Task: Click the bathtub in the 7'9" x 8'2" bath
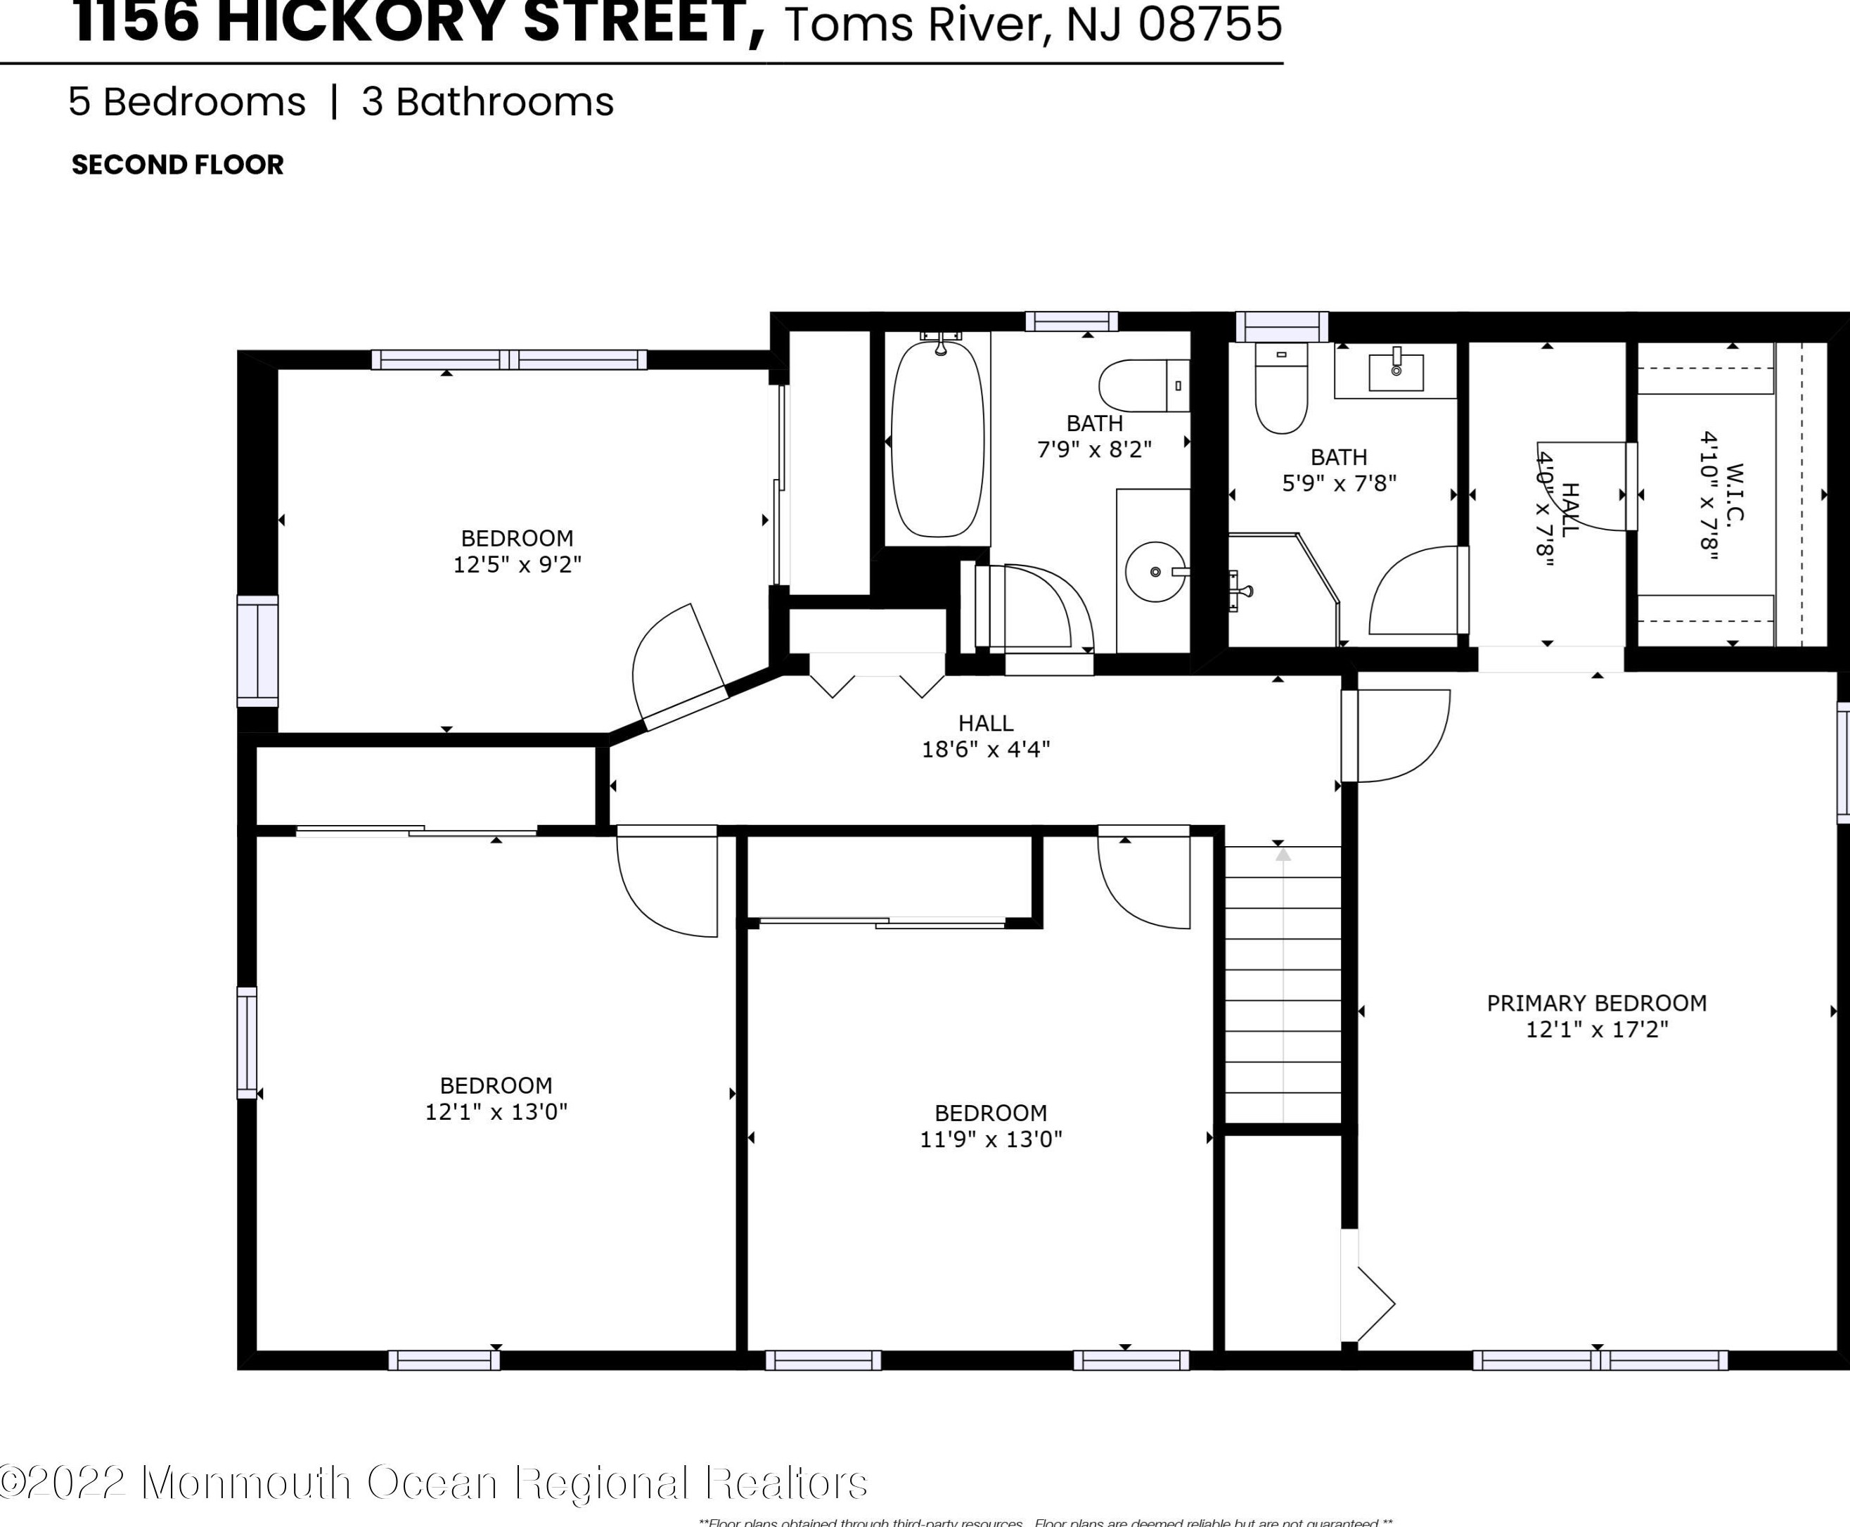pyautogui.click(x=937, y=439)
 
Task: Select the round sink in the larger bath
pyautogui.click(x=1155, y=572)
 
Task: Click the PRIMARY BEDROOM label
pyautogui.click(x=1596, y=1003)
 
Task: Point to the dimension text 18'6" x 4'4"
pyautogui.click(x=986, y=749)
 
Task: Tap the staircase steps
pyautogui.click(x=1283, y=985)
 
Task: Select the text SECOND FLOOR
pyautogui.click(x=178, y=165)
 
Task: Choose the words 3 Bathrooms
pyautogui.click(x=487, y=102)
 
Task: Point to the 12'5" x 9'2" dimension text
pyautogui.click(x=517, y=565)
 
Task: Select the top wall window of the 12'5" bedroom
pyautogui.click(x=508, y=359)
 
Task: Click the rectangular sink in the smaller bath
pyautogui.click(x=1396, y=371)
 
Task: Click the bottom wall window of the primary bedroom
pyautogui.click(x=1600, y=1360)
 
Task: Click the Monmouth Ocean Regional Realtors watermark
pyautogui.click(x=435, y=1482)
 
